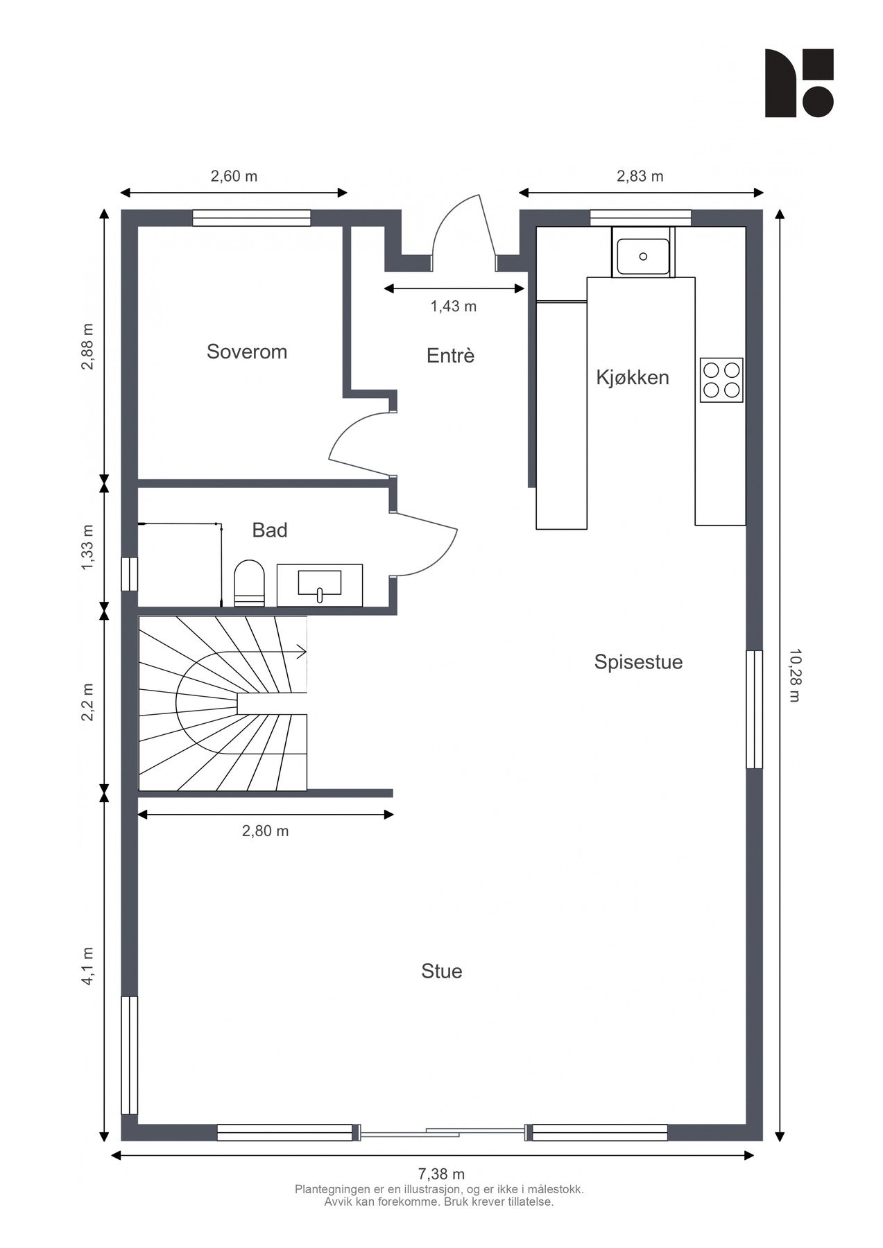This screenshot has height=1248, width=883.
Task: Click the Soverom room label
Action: coord(247,352)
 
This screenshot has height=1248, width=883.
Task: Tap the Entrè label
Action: coord(451,356)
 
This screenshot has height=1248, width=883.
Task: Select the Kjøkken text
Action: coord(633,378)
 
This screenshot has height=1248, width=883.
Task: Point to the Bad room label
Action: coord(270,530)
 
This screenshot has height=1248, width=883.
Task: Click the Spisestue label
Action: coord(638,662)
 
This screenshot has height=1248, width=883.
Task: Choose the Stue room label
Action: coord(442,971)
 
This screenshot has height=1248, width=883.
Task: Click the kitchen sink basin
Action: coord(643,256)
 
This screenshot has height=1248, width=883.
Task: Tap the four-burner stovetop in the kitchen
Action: coord(721,380)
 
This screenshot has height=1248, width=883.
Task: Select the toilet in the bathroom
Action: coord(250,583)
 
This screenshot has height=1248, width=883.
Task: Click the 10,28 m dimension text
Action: coord(796,676)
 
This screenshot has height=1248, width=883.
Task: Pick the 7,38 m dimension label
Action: coord(441,1175)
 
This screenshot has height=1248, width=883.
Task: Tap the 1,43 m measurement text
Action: coord(454,306)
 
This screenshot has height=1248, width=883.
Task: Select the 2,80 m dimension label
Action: coord(265,831)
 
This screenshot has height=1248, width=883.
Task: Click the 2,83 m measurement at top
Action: coord(640,176)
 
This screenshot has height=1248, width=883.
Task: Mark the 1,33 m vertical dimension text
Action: coord(87,548)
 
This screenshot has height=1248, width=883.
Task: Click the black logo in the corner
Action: coord(799,83)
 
